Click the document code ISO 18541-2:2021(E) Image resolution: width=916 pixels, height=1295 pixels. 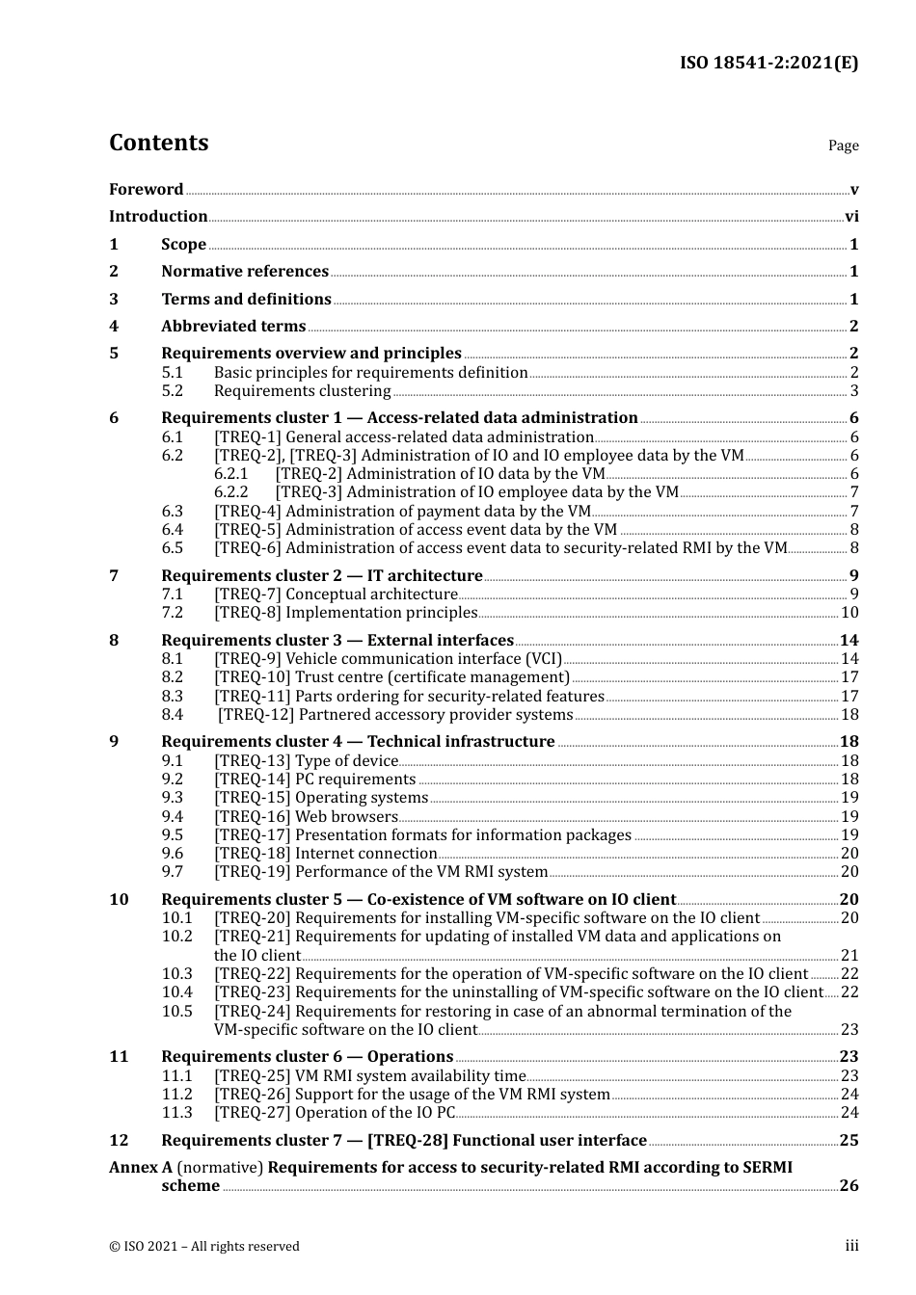coord(768,63)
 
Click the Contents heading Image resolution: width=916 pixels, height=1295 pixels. coord(158,143)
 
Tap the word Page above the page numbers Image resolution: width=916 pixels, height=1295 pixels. coord(843,145)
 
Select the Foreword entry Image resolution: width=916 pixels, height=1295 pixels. coord(146,190)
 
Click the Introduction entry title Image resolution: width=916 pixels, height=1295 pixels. coord(158,217)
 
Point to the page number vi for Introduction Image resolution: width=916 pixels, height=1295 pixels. coord(851,217)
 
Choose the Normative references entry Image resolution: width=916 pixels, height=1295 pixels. coord(244,272)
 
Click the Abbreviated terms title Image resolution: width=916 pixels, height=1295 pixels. coord(232,327)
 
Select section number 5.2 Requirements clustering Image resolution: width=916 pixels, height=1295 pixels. coord(173,391)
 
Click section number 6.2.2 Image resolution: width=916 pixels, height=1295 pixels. coord(231,492)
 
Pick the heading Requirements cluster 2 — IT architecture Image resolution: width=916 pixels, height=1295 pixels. coord(321,576)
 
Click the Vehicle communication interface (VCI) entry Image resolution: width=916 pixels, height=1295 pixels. coord(388,659)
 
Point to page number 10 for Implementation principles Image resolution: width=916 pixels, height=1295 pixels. coord(849,613)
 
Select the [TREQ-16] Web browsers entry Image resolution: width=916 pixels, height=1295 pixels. coord(306,817)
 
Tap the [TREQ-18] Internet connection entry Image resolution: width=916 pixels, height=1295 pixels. coord(325,854)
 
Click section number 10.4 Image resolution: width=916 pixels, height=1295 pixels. coord(177,992)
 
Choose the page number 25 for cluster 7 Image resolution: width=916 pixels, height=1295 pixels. coord(849,1141)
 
